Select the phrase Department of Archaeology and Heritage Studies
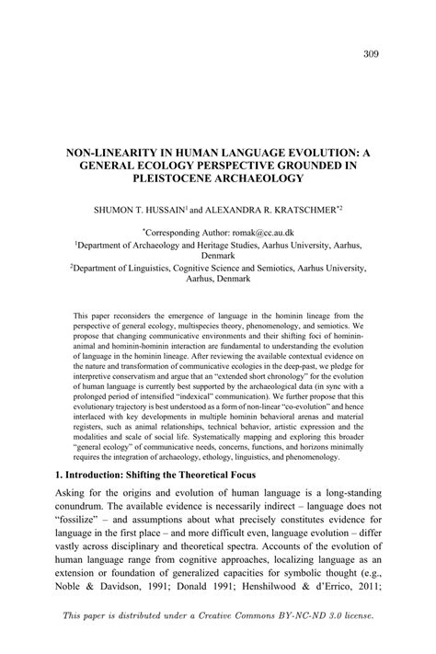coord(166,247)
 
